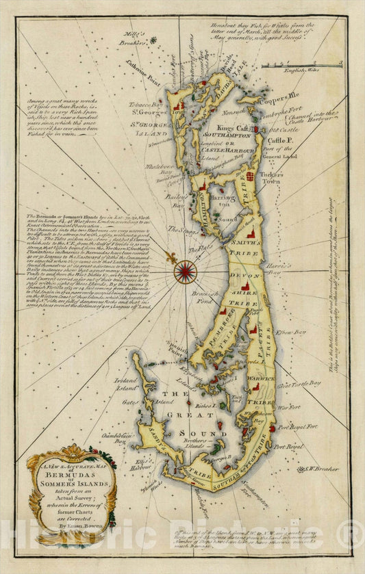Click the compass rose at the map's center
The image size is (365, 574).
pyautogui.click(x=185, y=272)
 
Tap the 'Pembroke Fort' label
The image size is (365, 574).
pyautogui.click(x=285, y=110)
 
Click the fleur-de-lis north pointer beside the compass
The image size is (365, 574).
pyautogui.click(x=169, y=257)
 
